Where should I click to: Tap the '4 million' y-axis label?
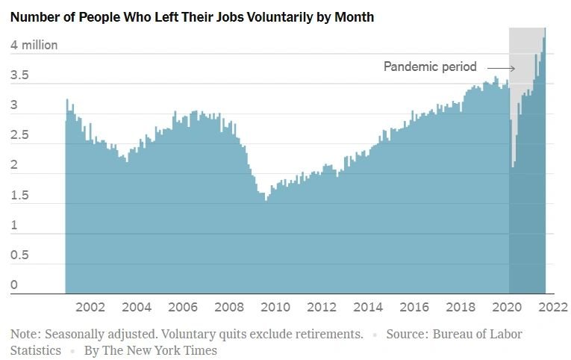click(x=34, y=45)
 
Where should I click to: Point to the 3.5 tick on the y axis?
click(x=19, y=75)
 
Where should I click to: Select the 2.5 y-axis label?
click(x=19, y=135)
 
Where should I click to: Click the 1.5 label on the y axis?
click(x=19, y=195)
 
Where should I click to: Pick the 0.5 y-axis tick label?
click(x=19, y=255)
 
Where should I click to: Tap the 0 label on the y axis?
click(x=14, y=285)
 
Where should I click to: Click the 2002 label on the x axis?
click(x=90, y=307)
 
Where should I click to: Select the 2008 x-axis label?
click(x=229, y=307)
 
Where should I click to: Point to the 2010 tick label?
click(x=275, y=307)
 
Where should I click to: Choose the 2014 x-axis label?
click(x=368, y=307)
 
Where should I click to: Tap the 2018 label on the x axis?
click(x=461, y=307)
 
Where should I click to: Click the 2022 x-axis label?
click(x=553, y=307)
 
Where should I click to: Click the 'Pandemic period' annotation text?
click(x=430, y=66)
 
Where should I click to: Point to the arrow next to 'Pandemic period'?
click(x=501, y=68)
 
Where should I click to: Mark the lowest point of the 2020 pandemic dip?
click(x=513, y=167)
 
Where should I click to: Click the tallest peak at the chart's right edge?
click(x=545, y=28)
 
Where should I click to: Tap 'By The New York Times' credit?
click(x=150, y=350)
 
